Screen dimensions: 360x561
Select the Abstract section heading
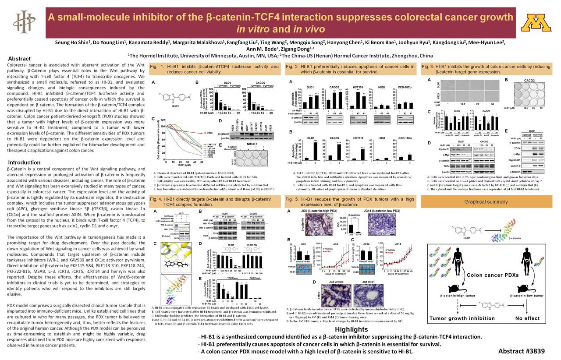tap(20, 59)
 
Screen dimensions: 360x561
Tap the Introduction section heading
tap(24, 162)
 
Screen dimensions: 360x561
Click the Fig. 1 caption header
tap(214, 69)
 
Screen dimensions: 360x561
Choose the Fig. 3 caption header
tap(486, 69)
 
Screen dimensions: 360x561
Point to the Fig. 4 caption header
tap(214, 201)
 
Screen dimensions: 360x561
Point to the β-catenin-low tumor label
tap(527, 296)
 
